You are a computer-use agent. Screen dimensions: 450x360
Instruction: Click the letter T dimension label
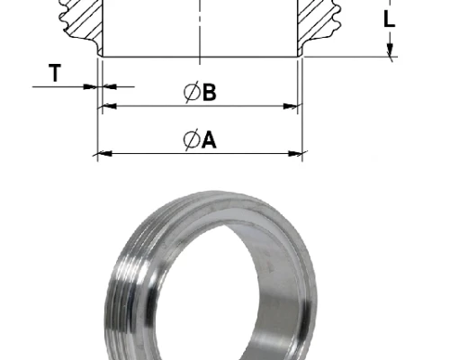pos(55,73)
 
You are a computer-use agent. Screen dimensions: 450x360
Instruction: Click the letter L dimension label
pos(390,19)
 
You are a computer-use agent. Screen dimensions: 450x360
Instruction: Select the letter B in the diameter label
pos(209,92)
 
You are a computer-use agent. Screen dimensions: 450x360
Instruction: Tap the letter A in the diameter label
pos(209,139)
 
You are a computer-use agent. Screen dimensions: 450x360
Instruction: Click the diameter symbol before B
pos(192,92)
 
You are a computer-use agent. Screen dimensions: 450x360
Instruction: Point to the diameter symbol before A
pos(192,139)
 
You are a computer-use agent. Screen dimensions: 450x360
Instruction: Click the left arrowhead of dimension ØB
pos(109,106)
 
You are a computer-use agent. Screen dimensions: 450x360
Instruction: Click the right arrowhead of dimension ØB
pos(291,106)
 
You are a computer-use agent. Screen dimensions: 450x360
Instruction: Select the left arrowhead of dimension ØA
pos(104,154)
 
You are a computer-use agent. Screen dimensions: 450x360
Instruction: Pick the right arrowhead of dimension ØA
pos(295,154)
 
